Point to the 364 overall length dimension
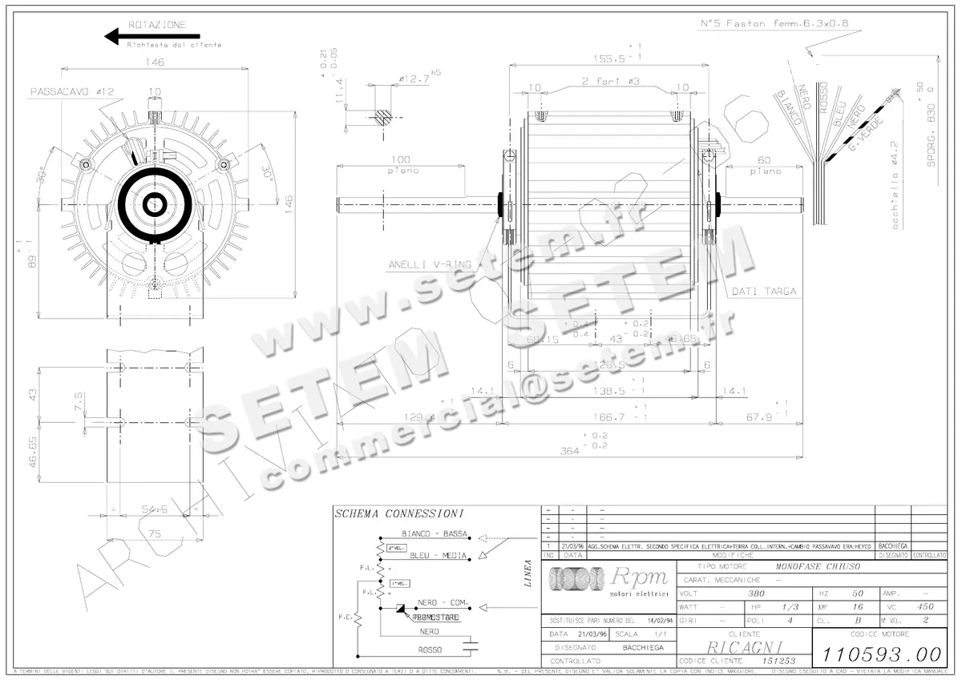pyautogui.click(x=569, y=451)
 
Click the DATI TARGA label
pyautogui.click(x=763, y=292)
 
